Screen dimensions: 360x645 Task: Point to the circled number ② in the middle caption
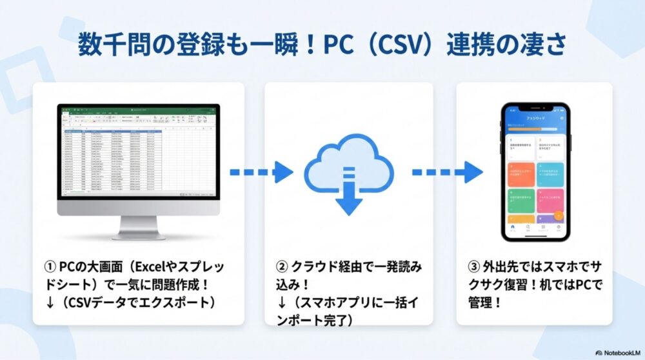(x=281, y=266)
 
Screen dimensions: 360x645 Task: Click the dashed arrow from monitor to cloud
(x=261, y=172)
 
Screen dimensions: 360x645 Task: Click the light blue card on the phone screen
(x=550, y=175)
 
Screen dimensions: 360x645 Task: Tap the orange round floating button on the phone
(x=559, y=215)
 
